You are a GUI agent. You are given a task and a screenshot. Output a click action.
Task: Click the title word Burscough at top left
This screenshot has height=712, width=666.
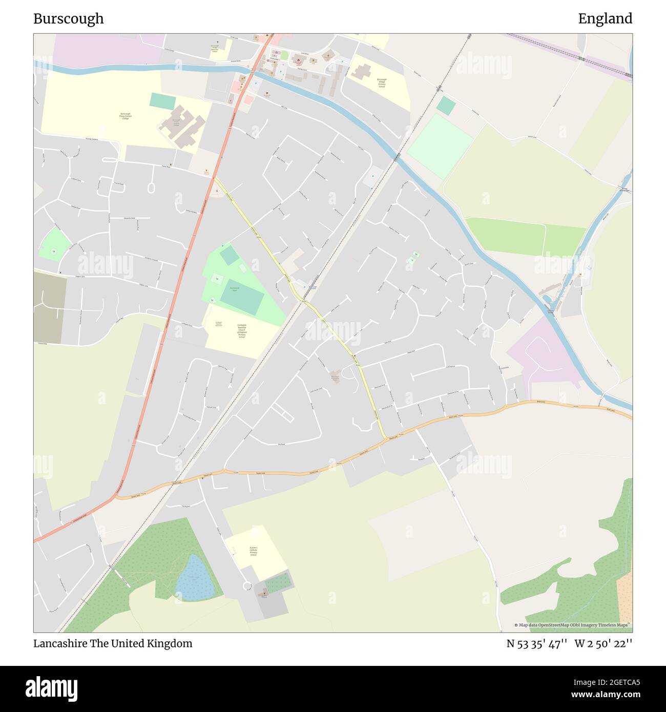tap(69, 19)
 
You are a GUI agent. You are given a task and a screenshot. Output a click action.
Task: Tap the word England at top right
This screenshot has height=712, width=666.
tap(605, 19)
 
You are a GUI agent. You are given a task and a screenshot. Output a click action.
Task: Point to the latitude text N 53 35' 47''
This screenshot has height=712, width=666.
tap(536, 643)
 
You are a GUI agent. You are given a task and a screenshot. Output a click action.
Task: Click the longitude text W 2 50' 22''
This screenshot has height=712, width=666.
tap(603, 643)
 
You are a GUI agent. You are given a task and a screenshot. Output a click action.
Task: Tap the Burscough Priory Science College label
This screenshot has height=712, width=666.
tap(126, 116)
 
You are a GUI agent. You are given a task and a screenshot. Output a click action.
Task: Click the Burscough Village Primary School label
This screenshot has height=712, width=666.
tap(382, 83)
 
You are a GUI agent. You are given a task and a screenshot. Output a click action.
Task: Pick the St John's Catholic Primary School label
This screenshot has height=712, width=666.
tap(253, 551)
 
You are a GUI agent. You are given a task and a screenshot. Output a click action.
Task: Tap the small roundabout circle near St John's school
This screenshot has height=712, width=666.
tap(247, 585)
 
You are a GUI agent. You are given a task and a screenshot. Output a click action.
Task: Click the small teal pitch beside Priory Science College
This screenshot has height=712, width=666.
tap(162, 101)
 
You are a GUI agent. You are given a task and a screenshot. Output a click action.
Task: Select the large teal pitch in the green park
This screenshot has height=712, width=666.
tap(242, 298)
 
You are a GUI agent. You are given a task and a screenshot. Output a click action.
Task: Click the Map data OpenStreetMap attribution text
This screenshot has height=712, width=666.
tap(573, 625)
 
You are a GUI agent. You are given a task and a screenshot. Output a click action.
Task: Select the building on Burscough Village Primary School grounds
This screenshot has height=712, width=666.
tap(361, 72)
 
